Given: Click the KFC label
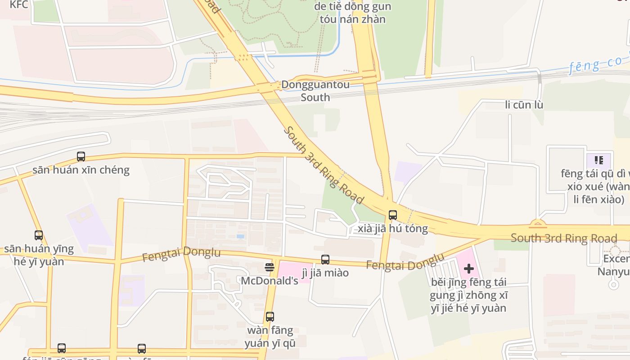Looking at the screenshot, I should coord(19,4).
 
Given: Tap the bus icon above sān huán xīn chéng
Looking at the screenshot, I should coord(81,157).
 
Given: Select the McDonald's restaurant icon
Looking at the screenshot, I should coord(270,267).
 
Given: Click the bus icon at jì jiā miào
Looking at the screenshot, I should coord(325,260).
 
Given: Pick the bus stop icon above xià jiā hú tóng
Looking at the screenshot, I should coord(393,215).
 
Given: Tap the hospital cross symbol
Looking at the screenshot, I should coord(469,269).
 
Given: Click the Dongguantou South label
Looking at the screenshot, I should coord(315,91).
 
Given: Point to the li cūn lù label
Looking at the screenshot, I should coord(524,105).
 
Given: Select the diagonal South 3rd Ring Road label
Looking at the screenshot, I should coord(324,165).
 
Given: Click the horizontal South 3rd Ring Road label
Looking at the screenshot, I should coord(563,238).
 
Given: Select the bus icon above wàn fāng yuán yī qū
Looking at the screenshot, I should coord(270,317).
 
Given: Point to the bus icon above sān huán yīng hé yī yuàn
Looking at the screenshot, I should coord(39,235).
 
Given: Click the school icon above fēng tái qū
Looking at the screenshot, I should coord(598,160).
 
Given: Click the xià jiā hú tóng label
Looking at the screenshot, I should coord(393,229).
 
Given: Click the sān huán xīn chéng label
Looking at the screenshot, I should coord(81,170).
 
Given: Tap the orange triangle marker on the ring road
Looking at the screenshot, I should coord(538,223).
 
